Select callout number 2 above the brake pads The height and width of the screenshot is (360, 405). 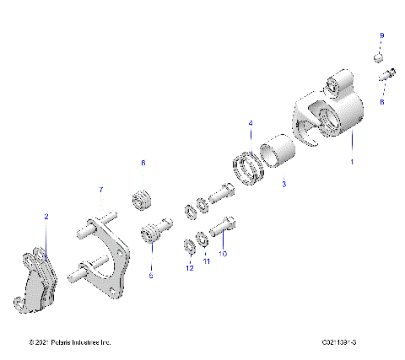pyautogui.click(x=46, y=217)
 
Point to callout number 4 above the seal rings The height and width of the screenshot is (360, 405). pyautogui.click(x=250, y=124)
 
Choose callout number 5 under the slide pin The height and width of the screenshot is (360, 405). pyautogui.click(x=151, y=275)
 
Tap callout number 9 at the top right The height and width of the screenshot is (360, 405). pyautogui.click(x=381, y=35)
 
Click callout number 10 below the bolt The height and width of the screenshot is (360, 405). pyautogui.click(x=223, y=253)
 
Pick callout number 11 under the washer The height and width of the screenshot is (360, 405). pyautogui.click(x=206, y=262)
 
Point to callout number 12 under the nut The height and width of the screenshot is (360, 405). pyautogui.click(x=190, y=267)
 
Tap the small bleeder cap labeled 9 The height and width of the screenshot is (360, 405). pyautogui.click(x=380, y=57)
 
